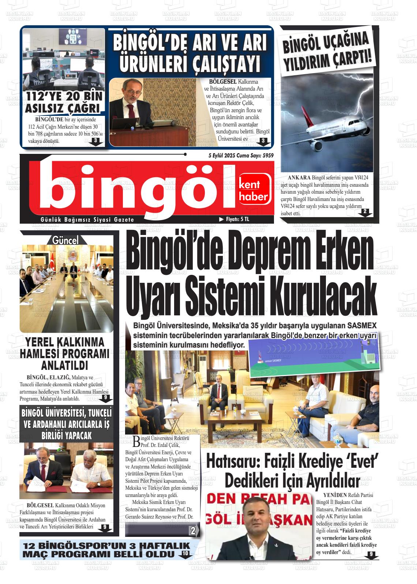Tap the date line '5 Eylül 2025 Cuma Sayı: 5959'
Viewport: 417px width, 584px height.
click(x=241, y=155)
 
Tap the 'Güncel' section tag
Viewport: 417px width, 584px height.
click(x=65, y=240)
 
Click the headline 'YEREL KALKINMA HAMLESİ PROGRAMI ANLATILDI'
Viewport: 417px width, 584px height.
click(x=65, y=353)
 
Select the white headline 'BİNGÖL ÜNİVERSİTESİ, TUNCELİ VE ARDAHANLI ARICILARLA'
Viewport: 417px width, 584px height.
click(x=66, y=424)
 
